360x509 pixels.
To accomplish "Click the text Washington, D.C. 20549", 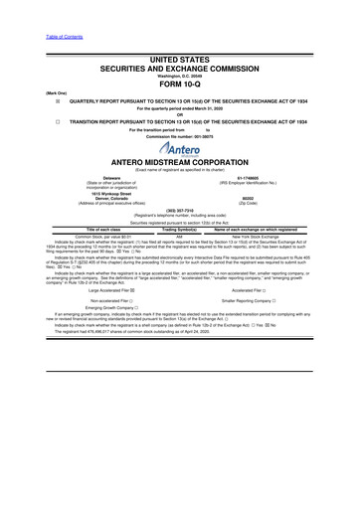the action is pyautogui.click(x=180, y=75).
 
